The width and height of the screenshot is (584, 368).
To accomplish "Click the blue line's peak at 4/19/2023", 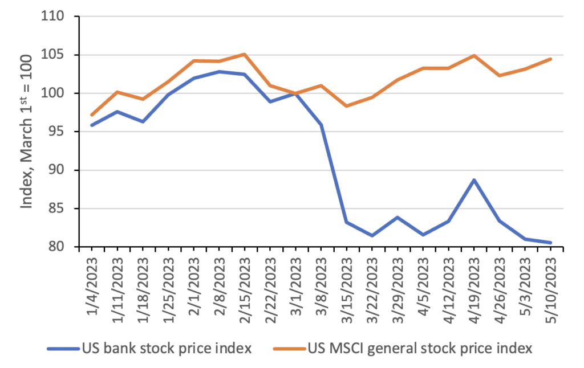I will pos(474,180).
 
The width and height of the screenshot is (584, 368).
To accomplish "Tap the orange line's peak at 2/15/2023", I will pos(245,54).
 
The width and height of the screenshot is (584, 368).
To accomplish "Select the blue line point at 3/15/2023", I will pos(347,222).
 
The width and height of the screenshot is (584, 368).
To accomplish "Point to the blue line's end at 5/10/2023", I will pos(550,243).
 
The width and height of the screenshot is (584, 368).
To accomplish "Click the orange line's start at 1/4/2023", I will pos(92,115).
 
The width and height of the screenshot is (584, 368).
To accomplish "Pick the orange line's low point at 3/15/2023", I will pos(347,106).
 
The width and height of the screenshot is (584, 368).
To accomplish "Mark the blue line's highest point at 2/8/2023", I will pos(220,72).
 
